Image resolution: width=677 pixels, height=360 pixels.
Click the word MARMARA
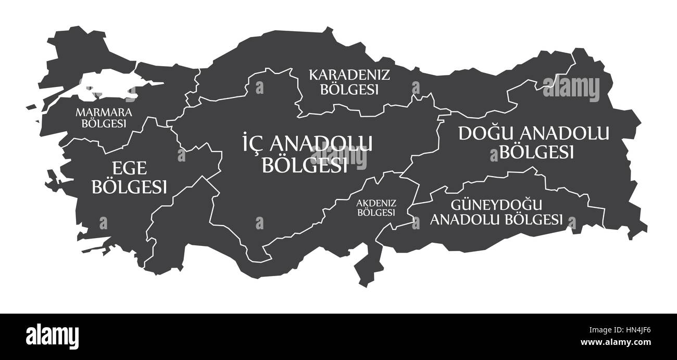[104, 112]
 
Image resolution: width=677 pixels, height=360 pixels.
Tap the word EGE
[129, 168]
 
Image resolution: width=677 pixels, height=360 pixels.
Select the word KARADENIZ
[349, 75]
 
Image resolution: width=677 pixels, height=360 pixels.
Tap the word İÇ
[254, 143]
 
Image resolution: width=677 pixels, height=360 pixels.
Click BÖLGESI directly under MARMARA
[104, 123]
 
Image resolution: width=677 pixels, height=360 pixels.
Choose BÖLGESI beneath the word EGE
[129, 186]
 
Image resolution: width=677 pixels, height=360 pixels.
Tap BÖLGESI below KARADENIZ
[349, 89]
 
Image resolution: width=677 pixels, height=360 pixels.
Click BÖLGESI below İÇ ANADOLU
[305, 165]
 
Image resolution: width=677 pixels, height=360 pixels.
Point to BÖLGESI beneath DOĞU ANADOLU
[536, 152]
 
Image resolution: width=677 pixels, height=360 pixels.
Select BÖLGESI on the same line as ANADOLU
[534, 219]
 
